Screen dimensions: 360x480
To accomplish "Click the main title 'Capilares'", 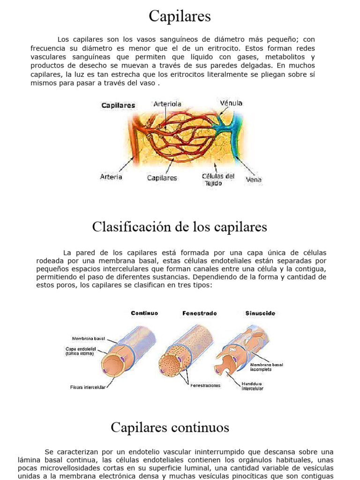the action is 180,17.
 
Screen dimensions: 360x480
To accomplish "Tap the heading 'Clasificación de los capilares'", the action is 180,227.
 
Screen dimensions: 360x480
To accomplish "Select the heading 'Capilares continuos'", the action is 170,427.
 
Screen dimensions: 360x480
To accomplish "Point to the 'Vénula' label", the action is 231,103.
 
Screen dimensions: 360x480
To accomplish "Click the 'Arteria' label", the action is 111,177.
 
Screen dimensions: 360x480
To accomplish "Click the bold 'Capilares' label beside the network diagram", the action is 118,105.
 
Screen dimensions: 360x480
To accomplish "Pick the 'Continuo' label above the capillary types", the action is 144,313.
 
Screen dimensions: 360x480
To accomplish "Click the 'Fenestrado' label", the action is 199,313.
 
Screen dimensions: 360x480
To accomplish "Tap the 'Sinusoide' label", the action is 260,313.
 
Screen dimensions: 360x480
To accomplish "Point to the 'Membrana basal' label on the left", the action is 88,338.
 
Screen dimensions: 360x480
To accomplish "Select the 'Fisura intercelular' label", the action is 88,387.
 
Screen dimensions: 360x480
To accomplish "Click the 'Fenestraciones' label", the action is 205,385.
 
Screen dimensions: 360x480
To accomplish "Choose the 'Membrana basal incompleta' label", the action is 266,367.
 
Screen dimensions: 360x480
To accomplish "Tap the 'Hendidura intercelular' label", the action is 252,386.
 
